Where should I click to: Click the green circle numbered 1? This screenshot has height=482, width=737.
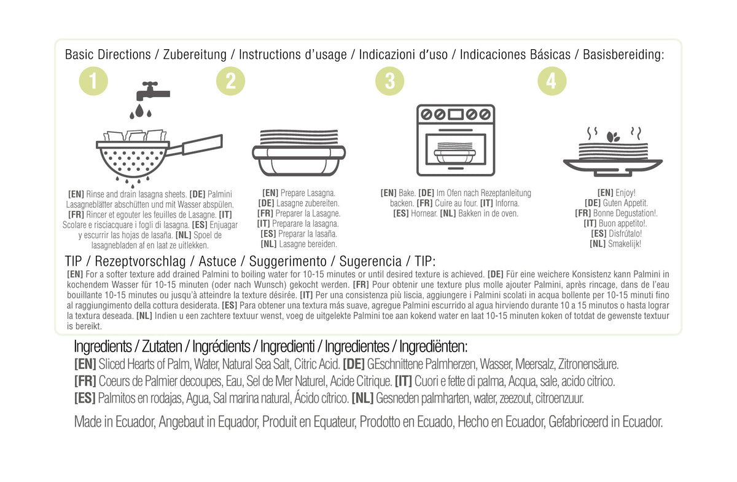93,81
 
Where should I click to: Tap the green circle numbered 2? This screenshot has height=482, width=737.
231,81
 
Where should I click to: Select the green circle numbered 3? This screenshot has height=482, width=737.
390,81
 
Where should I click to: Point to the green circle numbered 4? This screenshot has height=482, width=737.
552,81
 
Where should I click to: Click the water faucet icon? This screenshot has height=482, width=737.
153,91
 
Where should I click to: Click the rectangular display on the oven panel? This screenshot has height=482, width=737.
456,114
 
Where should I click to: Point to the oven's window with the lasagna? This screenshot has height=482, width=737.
456,149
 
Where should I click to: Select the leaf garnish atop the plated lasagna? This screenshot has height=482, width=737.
613,136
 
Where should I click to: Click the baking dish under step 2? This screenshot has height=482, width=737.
298,160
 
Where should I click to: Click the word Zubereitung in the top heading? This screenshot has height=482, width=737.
195,55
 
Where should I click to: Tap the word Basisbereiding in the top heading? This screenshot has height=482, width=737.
623,55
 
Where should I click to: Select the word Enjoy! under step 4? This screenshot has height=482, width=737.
625,192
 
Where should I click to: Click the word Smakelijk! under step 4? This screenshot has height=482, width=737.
625,244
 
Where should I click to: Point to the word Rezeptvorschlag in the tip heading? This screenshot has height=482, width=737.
140,261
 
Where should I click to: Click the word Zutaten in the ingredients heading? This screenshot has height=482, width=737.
162,347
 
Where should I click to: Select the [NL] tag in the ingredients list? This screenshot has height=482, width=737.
362,398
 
